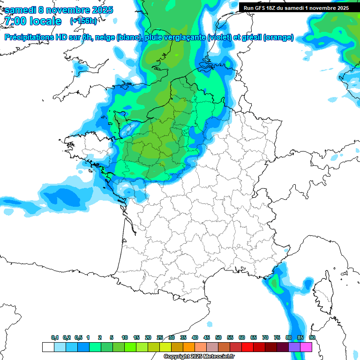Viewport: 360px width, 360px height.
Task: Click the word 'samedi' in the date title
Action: (x=20, y=9)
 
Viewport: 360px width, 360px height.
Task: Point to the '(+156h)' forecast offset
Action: (x=83, y=21)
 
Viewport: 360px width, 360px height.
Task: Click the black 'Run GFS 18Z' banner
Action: (x=296, y=7)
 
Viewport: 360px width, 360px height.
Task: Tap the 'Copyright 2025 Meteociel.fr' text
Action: (x=199, y=357)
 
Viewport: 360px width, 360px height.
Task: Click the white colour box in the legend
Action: (x=48, y=347)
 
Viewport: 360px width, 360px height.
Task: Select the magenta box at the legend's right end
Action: (x=306, y=347)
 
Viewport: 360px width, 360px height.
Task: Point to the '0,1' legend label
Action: (x=55, y=338)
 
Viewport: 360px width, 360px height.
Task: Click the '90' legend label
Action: (x=312, y=338)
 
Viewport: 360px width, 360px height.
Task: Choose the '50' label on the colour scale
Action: (x=218, y=338)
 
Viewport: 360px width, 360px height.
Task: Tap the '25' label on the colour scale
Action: (x=160, y=338)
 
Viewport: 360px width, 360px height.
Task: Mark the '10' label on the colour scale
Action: (x=125, y=338)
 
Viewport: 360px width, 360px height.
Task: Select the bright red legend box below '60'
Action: (x=247, y=347)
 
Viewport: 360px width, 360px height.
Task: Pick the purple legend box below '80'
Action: (x=294, y=347)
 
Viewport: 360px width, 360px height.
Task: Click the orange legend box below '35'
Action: (x=189, y=347)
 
